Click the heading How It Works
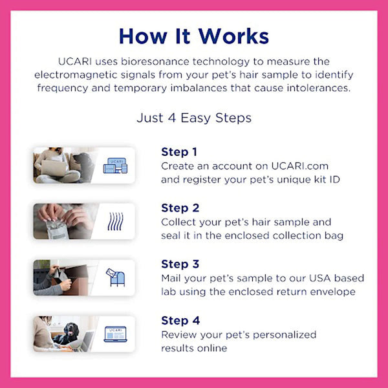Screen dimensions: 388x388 [x=194, y=36]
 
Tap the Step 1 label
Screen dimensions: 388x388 [x=179, y=153]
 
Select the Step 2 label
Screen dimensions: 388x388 [x=180, y=208]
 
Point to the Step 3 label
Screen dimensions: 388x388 [x=180, y=264]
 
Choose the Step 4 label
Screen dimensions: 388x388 [x=180, y=321]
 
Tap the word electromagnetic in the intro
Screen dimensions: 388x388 [x=74, y=75]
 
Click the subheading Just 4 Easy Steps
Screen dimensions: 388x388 [x=194, y=118]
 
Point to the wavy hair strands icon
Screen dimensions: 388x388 [x=114, y=221]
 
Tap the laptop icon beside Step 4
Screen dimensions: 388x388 [x=116, y=334]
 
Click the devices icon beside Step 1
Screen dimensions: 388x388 [x=115, y=165]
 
